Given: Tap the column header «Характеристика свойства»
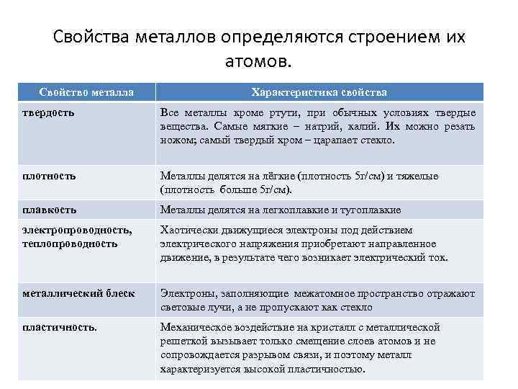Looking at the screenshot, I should click(319, 92).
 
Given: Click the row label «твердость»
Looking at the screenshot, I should click(48, 113).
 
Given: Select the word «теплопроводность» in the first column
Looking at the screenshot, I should click(69, 243).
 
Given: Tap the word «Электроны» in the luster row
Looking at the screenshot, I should click(185, 293).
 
